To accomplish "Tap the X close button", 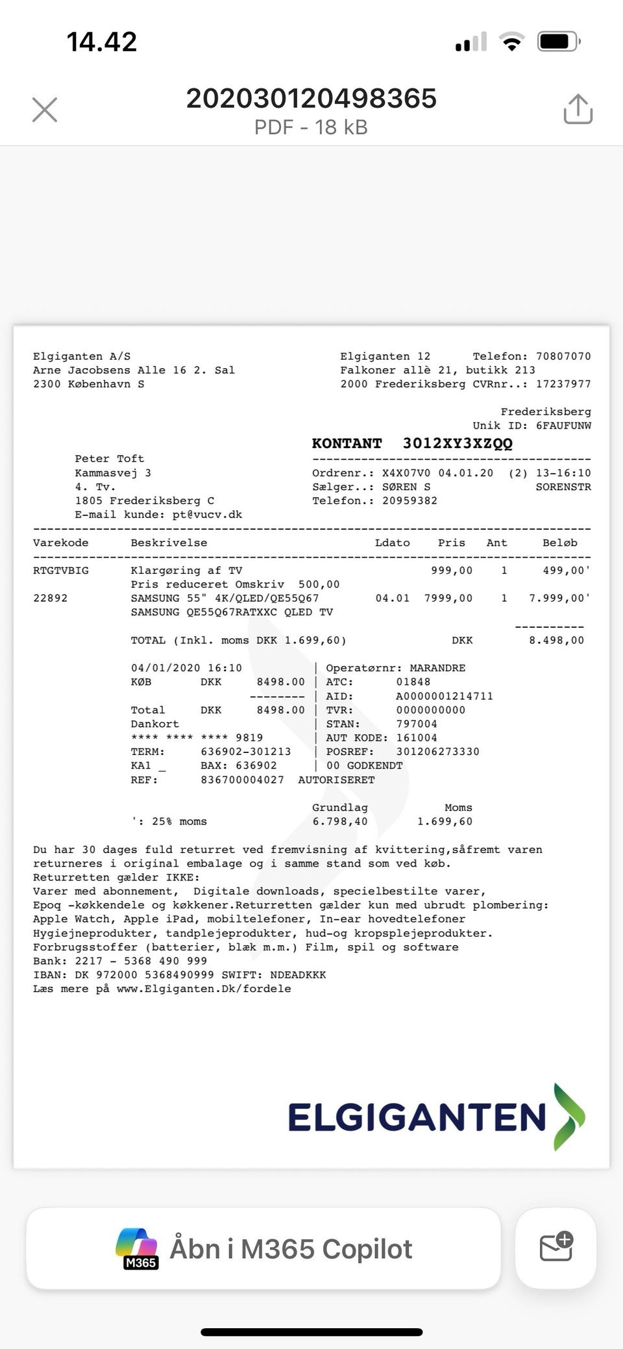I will (x=45, y=110).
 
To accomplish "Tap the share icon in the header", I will (x=578, y=109).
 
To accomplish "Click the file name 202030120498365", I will (x=311, y=99).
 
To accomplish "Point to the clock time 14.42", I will (x=102, y=42).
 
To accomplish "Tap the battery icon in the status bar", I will (x=558, y=42).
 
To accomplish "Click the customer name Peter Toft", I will (x=109, y=458).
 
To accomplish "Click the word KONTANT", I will (x=347, y=443).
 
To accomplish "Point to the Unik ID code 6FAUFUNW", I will (x=563, y=425).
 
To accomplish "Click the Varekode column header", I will (x=60, y=543).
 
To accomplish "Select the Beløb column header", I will (x=559, y=543).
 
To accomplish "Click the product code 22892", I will (x=50, y=598).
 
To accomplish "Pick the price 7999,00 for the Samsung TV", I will (x=448, y=598).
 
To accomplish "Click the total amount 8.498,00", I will (x=556, y=640).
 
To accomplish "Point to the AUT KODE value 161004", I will (x=417, y=737).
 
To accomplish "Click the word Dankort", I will (x=154, y=724).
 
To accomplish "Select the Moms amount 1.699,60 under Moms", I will (x=445, y=821).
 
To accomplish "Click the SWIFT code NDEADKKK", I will (x=298, y=974).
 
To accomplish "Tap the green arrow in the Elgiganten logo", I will (x=569, y=1116).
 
